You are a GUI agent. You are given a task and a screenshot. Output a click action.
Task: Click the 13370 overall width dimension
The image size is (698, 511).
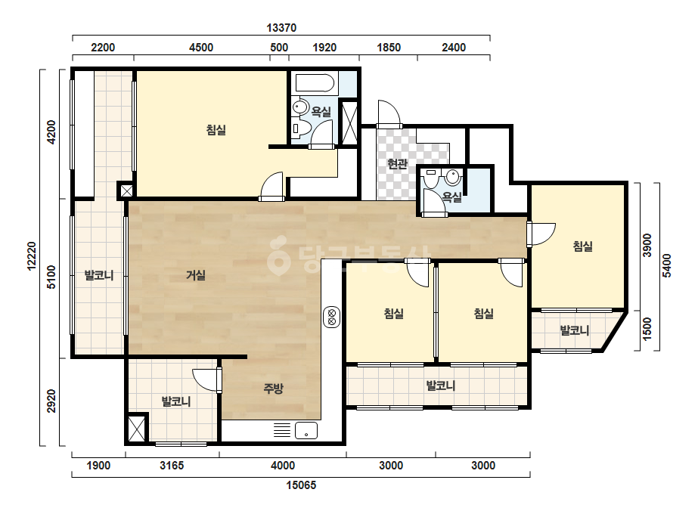click(281, 28)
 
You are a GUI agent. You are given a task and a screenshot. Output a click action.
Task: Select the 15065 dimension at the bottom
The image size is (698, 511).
click(301, 485)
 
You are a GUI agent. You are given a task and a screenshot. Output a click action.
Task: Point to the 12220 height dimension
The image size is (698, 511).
click(32, 256)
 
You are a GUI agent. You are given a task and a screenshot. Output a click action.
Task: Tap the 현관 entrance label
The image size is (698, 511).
click(397, 164)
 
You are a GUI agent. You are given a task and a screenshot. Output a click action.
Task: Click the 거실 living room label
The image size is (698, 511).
click(196, 275)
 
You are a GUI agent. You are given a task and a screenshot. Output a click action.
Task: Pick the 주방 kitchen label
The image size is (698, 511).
click(273, 389)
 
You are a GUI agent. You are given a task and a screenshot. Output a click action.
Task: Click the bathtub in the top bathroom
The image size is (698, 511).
click(315, 83)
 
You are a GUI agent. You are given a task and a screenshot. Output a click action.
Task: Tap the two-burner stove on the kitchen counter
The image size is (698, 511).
click(332, 317)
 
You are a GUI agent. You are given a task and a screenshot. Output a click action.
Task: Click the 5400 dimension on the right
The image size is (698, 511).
click(666, 265)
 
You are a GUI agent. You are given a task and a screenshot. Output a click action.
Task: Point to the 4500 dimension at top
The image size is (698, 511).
click(201, 47)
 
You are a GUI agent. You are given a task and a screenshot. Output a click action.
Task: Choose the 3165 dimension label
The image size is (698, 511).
click(172, 466)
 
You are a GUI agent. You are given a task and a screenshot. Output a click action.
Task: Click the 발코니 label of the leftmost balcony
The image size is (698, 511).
click(99, 275)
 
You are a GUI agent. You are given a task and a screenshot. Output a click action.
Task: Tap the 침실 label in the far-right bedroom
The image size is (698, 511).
click(583, 246)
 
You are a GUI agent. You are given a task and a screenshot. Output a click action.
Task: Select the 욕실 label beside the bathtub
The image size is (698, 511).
click(321, 111)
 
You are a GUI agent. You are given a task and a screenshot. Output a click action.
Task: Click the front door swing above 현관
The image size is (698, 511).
click(389, 113)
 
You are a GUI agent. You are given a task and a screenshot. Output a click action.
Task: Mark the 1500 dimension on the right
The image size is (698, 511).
click(647, 329)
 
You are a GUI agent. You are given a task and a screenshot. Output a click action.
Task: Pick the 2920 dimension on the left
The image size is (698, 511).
click(52, 401)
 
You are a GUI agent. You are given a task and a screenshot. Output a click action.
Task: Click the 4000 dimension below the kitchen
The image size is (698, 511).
click(283, 466)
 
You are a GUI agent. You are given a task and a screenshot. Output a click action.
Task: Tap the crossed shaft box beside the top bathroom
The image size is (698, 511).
click(349, 122)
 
